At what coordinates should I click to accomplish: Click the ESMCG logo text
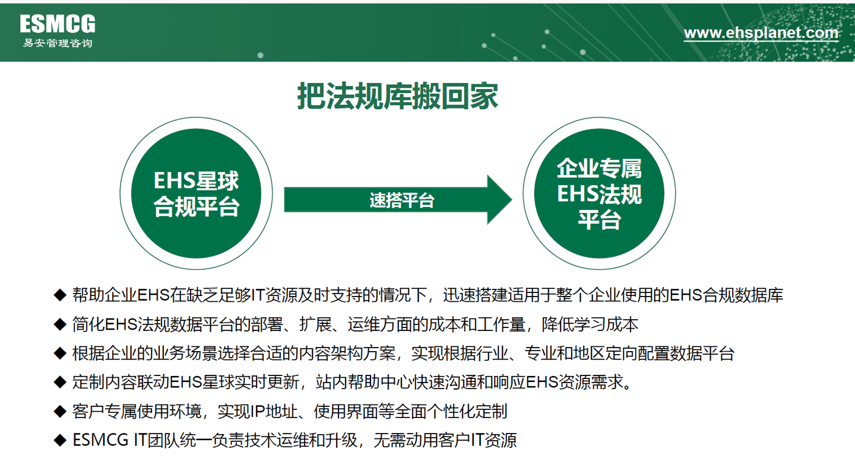58,24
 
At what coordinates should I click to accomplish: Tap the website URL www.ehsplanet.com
761,33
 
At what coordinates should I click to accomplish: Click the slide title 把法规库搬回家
397,97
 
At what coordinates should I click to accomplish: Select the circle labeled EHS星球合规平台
197,194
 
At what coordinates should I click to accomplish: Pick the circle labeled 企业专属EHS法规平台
599,194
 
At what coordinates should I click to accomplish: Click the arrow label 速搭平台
402,200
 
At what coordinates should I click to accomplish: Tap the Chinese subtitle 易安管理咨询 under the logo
58,43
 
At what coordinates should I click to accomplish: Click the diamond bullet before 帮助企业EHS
59,295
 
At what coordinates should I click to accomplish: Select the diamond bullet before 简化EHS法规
59,324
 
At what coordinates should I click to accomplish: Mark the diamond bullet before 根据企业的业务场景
59,353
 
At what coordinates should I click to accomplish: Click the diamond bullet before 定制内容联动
59,383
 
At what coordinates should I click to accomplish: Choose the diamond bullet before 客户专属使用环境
59,411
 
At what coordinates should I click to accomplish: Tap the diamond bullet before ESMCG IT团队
59,440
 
